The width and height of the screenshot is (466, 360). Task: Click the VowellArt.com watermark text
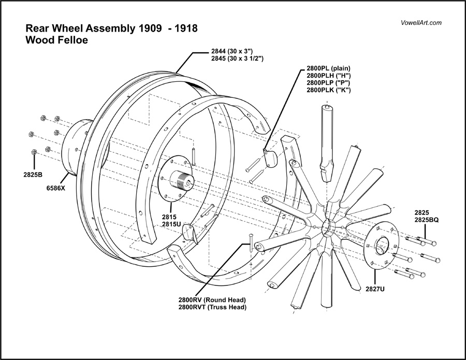421,23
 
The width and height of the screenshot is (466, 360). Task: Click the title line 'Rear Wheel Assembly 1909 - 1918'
111,28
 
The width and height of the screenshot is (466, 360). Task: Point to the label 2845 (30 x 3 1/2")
238,59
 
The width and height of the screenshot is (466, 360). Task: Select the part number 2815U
171,224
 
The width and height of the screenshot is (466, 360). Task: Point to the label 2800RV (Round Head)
212,300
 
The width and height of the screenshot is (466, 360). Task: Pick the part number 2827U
375,289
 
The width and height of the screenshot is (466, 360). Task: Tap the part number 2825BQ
427,220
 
